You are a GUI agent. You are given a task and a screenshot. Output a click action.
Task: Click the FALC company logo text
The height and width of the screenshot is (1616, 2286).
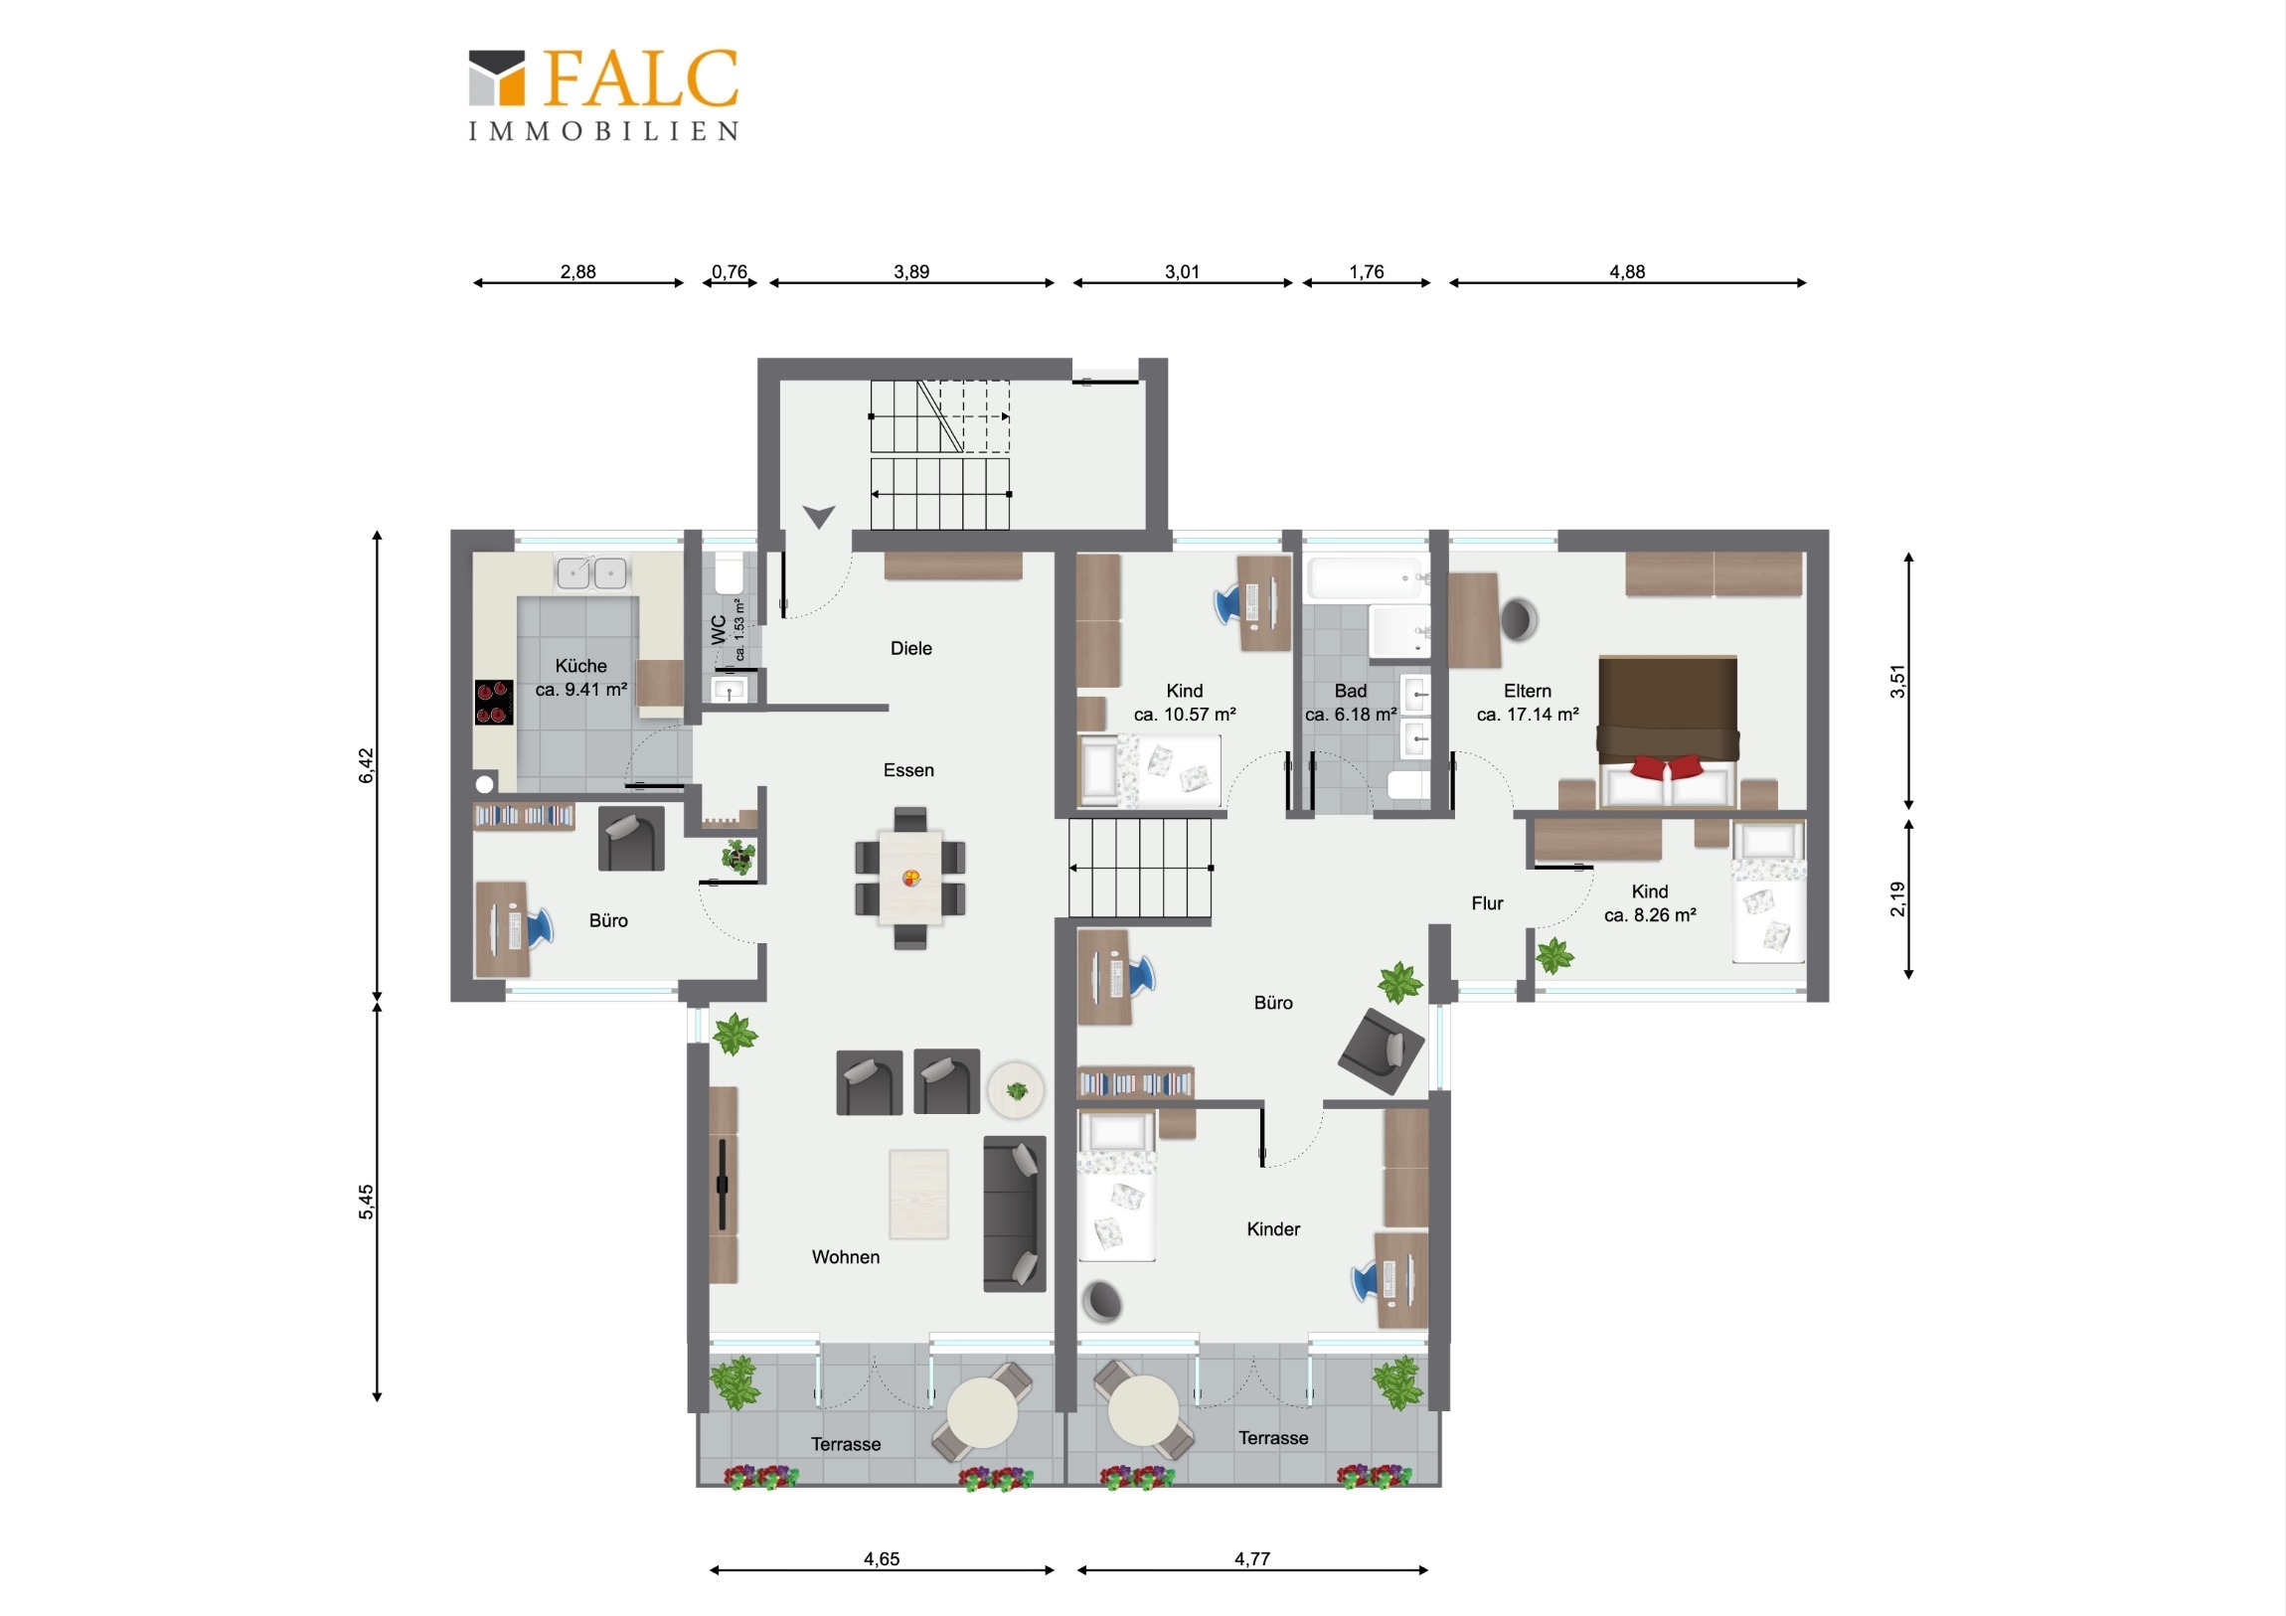pyautogui.click(x=641, y=79)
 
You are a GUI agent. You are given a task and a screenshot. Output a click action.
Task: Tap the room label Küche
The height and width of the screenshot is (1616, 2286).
pyautogui.click(x=580, y=665)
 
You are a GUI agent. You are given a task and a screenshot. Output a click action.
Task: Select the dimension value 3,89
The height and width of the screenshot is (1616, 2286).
pyautogui.click(x=911, y=272)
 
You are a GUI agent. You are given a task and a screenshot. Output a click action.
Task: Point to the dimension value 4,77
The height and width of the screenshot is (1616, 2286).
pyautogui.click(x=1251, y=1558)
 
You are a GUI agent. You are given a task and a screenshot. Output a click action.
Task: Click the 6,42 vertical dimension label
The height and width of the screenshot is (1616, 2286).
pyautogui.click(x=367, y=764)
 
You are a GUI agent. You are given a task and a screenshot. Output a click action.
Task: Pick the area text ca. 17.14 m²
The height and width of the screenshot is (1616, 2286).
pyautogui.click(x=1528, y=714)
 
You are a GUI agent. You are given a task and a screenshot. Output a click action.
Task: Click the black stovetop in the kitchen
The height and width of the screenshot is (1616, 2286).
pyautogui.click(x=494, y=702)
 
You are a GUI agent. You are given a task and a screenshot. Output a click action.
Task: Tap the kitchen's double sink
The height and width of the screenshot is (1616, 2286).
pyautogui.click(x=591, y=572)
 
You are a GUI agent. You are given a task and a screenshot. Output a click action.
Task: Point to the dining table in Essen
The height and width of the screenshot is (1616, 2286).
pyautogui.click(x=910, y=878)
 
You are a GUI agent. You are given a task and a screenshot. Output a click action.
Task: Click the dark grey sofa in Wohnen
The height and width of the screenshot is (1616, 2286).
pyautogui.click(x=1015, y=1213)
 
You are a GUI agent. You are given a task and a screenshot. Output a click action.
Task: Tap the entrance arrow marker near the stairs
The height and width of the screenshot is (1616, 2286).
pyautogui.click(x=818, y=517)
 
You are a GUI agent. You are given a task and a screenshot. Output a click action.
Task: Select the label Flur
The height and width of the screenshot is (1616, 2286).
pyautogui.click(x=1487, y=903)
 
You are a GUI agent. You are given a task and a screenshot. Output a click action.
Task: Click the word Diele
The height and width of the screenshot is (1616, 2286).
pyautogui.click(x=911, y=648)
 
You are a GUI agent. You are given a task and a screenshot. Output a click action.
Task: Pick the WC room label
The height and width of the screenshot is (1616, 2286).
pyautogui.click(x=719, y=629)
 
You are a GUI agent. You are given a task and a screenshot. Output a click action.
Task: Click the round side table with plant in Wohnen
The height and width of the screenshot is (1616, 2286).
pyautogui.click(x=1016, y=1090)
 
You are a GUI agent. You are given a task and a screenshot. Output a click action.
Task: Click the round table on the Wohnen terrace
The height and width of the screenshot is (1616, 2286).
pyautogui.click(x=983, y=1412)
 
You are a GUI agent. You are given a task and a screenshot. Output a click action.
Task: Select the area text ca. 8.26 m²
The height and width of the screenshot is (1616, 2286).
pyautogui.click(x=1650, y=915)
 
